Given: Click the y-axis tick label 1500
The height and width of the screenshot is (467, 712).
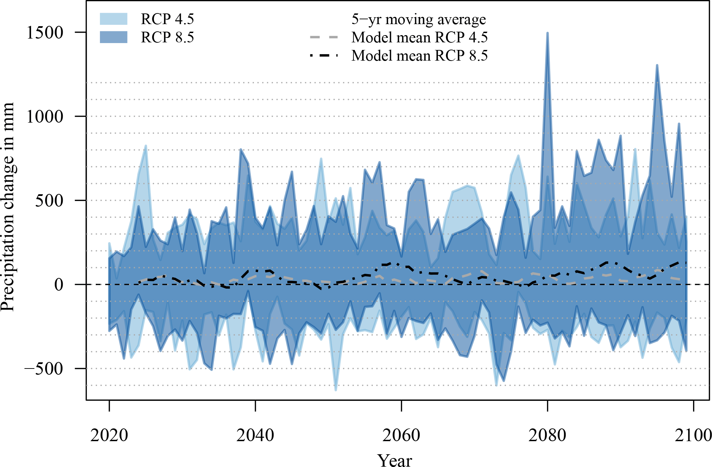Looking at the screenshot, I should [45, 33].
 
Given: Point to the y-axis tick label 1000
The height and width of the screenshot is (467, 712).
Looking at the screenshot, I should [45, 117].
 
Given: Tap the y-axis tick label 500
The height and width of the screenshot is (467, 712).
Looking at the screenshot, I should [49, 201].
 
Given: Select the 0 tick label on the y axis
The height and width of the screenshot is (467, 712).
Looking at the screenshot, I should [59, 285].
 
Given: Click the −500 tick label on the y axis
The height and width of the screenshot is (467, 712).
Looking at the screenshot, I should [44, 369].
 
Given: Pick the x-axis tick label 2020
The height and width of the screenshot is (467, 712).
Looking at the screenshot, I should [109, 435].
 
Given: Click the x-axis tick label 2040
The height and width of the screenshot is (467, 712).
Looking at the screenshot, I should [255, 435].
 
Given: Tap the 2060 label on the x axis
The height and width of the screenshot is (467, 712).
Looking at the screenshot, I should [401, 435].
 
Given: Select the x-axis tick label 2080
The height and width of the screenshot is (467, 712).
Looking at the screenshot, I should [547, 435].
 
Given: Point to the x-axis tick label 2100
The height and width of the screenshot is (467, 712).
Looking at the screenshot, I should [693, 435].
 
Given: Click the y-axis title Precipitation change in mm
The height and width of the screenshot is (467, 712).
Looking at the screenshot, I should [8, 207].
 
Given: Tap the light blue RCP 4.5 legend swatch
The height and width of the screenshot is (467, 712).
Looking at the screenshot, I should [114, 19].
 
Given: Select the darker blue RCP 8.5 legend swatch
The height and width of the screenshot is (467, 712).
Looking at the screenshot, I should [114, 37].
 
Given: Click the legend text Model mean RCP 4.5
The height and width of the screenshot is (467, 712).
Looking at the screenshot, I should [420, 38].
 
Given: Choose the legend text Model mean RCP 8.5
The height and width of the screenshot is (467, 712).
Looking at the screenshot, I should [420, 56].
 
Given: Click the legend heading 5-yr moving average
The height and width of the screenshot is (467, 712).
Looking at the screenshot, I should [419, 19].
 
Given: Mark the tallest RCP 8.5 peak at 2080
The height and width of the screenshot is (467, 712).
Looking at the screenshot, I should [547, 33].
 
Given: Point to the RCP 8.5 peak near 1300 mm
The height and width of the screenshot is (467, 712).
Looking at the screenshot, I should [657, 65].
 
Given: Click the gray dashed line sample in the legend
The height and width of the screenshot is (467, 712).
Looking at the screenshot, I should [324, 37].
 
